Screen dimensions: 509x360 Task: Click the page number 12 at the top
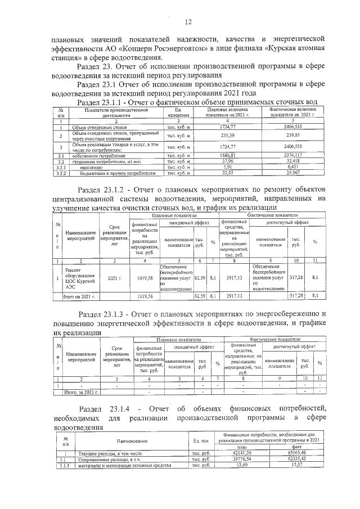tap(188, 22)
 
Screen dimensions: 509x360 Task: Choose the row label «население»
tap(84, 167)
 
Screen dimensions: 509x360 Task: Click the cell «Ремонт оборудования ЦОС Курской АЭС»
tap(82, 277)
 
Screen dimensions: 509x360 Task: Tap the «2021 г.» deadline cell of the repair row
tap(115, 277)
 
